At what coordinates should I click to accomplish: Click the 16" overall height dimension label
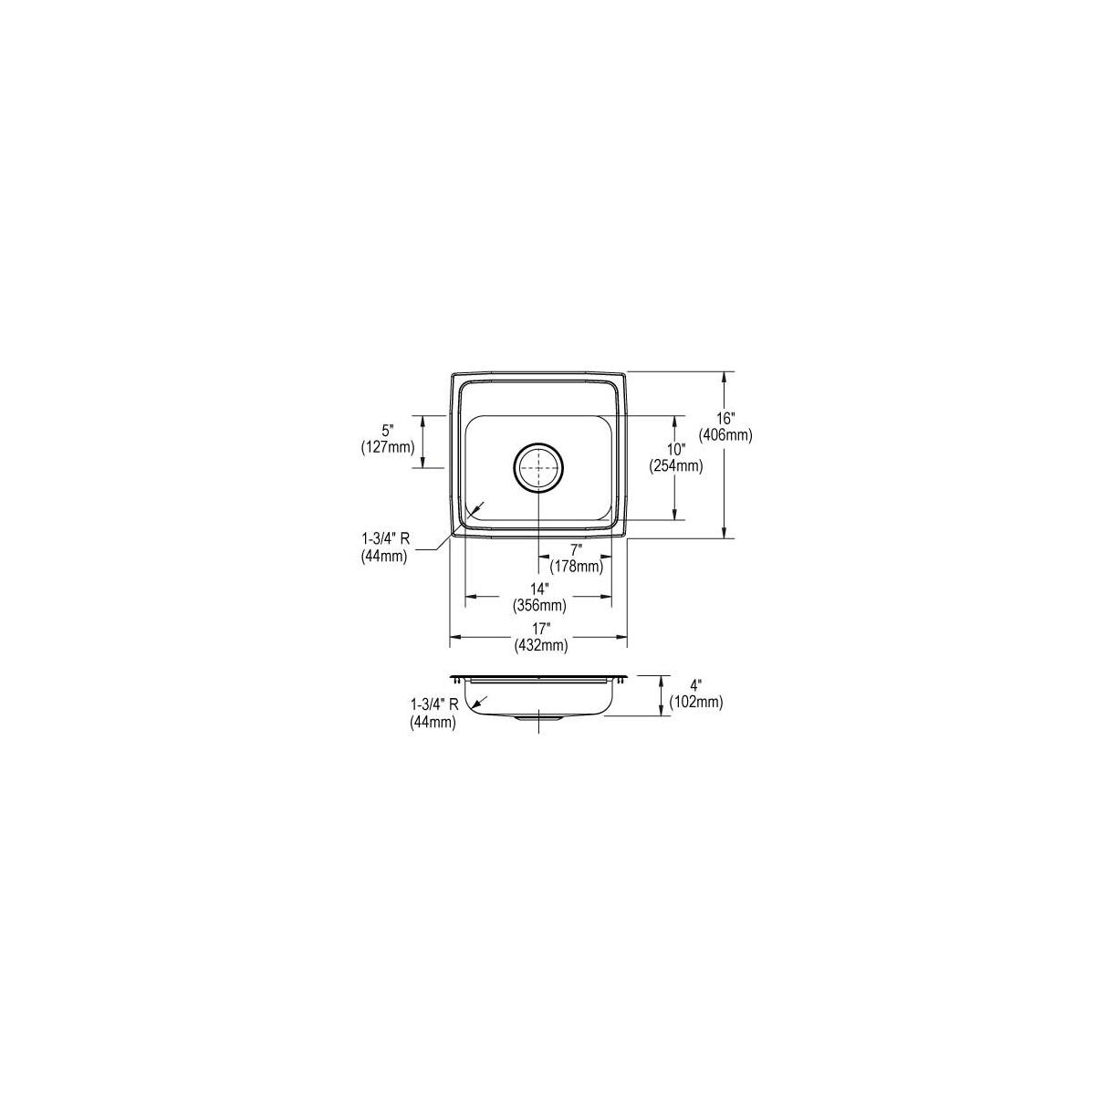[x=725, y=419]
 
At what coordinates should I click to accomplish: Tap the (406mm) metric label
[x=725, y=435]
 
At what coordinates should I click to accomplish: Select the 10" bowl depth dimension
[x=676, y=450]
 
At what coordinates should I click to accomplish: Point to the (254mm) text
[x=676, y=466]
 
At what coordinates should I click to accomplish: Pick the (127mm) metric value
[x=388, y=447]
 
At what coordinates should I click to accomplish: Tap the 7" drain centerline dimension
[x=576, y=549]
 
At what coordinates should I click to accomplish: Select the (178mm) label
[x=576, y=566]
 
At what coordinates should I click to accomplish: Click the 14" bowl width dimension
[x=540, y=589]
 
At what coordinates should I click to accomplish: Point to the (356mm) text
[x=540, y=606]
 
